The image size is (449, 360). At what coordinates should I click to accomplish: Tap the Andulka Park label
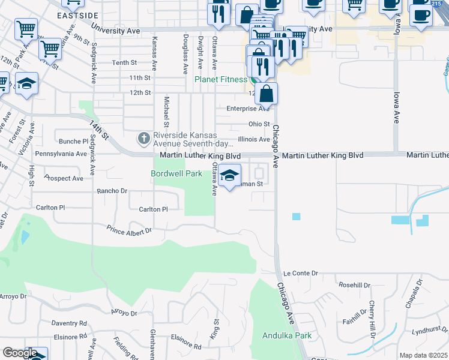[x=287, y=335]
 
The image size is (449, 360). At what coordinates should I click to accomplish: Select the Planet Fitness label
[x=220, y=79]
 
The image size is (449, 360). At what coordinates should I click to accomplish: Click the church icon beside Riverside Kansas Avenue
[x=143, y=139]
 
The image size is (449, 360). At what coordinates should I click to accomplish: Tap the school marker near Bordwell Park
[x=229, y=176]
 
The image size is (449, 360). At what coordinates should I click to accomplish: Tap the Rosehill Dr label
[x=356, y=285]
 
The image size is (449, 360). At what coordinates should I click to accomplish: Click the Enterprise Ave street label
[x=248, y=109]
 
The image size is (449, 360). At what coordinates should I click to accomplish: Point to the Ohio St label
[x=259, y=124]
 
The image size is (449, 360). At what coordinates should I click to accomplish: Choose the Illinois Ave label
[x=254, y=139]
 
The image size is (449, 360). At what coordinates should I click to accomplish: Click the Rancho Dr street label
[x=112, y=191]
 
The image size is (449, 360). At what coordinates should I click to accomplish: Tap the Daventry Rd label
[x=69, y=323]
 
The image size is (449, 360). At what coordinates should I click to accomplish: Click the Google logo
[x=20, y=353]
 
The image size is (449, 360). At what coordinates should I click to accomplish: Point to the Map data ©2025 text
[x=424, y=355]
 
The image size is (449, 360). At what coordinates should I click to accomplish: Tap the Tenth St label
[x=124, y=62]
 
